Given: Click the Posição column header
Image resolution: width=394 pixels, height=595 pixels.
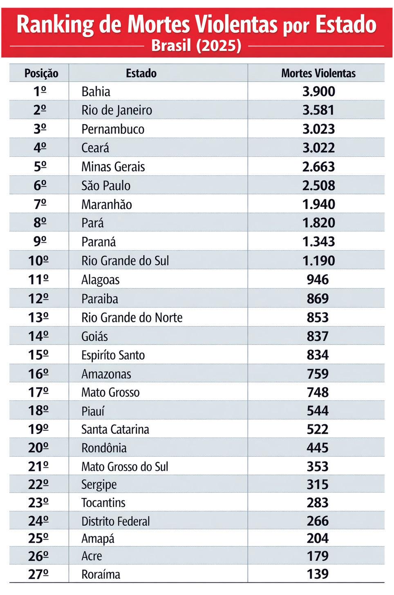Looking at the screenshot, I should point(41,73).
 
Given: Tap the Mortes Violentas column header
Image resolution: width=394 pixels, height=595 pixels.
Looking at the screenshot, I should point(318,73).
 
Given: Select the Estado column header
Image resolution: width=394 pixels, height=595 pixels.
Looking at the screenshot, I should point(141,73).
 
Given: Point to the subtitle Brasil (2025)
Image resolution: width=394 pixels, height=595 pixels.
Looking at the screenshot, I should point(196,45).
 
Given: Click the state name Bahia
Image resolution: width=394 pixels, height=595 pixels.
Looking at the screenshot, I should point(96,91).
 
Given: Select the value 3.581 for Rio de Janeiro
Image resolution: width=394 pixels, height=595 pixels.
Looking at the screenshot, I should point(318,110).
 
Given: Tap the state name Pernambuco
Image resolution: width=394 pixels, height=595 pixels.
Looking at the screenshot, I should point(113,129).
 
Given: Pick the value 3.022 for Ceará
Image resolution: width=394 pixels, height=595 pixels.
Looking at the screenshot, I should point(318,148).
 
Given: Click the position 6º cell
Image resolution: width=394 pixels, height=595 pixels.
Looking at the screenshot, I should point(40,185).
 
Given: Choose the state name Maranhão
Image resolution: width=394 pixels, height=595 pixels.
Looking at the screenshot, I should point(106,204).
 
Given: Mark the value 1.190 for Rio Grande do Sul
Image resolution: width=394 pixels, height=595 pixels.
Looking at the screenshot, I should point(318,260).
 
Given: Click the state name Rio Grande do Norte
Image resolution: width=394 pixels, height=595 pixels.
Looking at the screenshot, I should point(132,317).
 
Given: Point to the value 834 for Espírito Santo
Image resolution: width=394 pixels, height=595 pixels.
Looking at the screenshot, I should point(318,355).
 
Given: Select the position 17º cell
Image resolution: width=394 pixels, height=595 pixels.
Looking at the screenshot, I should point(38,392).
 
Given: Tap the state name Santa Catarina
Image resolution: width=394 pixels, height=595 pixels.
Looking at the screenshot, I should point(115,429).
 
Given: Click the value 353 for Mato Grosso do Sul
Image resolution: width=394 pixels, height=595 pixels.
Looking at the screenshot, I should point(318,466).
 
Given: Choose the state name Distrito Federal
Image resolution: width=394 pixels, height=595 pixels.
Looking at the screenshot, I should point(115,521).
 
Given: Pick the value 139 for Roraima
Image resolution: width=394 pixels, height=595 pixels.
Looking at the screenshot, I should point(318,574).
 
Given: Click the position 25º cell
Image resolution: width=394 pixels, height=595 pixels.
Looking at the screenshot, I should point(38,539).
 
